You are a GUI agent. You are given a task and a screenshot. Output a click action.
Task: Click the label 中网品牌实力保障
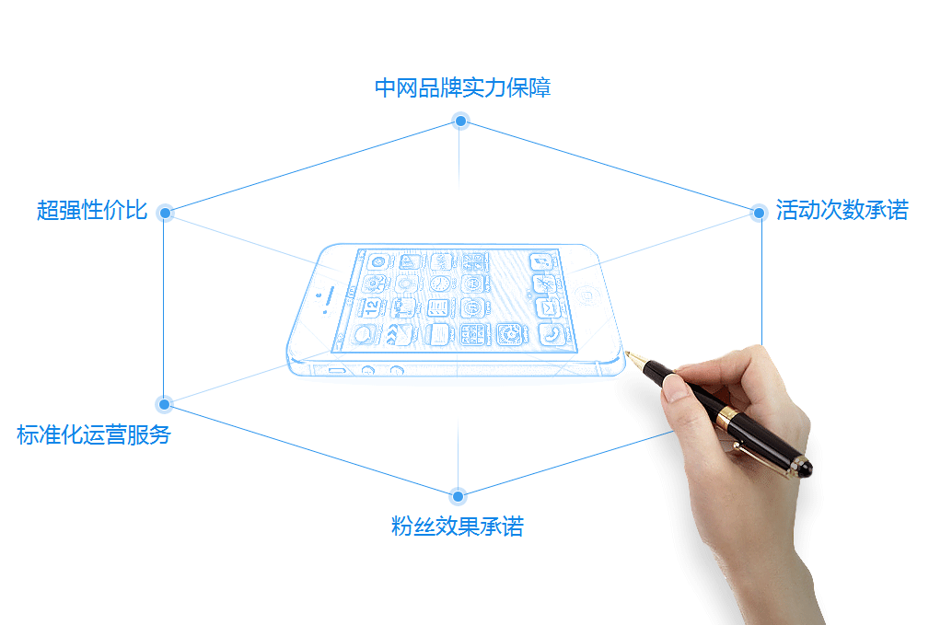pyautogui.click(x=463, y=87)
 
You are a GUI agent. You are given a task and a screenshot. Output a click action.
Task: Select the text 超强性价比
pyautogui.click(x=92, y=210)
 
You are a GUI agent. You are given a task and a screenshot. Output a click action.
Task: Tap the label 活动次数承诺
pyautogui.click(x=842, y=210)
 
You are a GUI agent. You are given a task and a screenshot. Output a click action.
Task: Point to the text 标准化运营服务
pyautogui.click(x=94, y=434)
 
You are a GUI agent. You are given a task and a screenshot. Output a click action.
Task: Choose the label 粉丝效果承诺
pyautogui.click(x=458, y=527)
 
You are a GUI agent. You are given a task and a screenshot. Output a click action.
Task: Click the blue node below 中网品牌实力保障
pyautogui.click(x=460, y=122)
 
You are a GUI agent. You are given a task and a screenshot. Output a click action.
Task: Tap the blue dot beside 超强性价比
pyautogui.click(x=166, y=213)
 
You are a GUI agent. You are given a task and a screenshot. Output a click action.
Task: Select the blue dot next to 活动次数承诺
pyautogui.click(x=759, y=213)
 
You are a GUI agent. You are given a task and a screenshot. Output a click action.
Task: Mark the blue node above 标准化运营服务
pyautogui.click(x=164, y=405)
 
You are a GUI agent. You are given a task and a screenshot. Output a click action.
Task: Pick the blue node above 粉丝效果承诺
pyautogui.click(x=458, y=496)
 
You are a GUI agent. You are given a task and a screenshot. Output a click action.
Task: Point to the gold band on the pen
pyautogui.click(x=726, y=417)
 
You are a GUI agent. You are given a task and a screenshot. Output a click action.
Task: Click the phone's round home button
pyautogui.click(x=586, y=295)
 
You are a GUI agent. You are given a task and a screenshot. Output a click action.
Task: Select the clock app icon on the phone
pyautogui.click(x=439, y=284)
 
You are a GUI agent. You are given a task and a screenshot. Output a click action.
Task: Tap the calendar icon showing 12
pyautogui.click(x=371, y=307)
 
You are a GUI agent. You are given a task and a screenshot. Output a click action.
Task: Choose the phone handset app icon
pyautogui.click(x=552, y=335)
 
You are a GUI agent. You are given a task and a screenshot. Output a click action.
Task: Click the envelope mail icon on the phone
pyautogui.click(x=548, y=308)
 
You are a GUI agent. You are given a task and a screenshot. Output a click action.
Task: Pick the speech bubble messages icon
pyautogui.click(x=363, y=334)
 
